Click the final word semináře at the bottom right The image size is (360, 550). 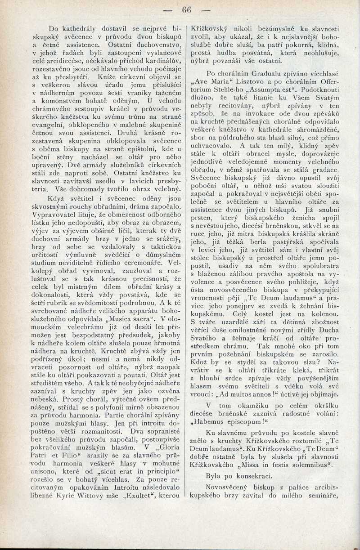pyautogui.click(x=322, y=496)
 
